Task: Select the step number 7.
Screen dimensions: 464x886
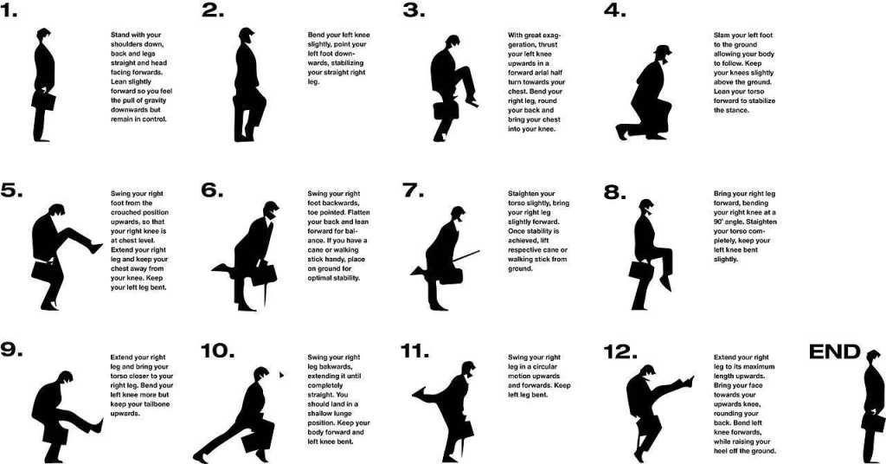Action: (414, 190)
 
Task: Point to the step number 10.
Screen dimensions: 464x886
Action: (217, 350)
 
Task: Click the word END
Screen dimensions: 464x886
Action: (835, 351)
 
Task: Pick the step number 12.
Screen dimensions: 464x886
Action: (620, 351)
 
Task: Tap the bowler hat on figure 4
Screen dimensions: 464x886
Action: (663, 50)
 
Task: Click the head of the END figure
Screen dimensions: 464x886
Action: (873, 358)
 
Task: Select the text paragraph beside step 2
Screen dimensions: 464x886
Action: (338, 58)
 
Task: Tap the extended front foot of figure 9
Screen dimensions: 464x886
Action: (97, 426)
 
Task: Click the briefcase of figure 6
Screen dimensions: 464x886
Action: (265, 274)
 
